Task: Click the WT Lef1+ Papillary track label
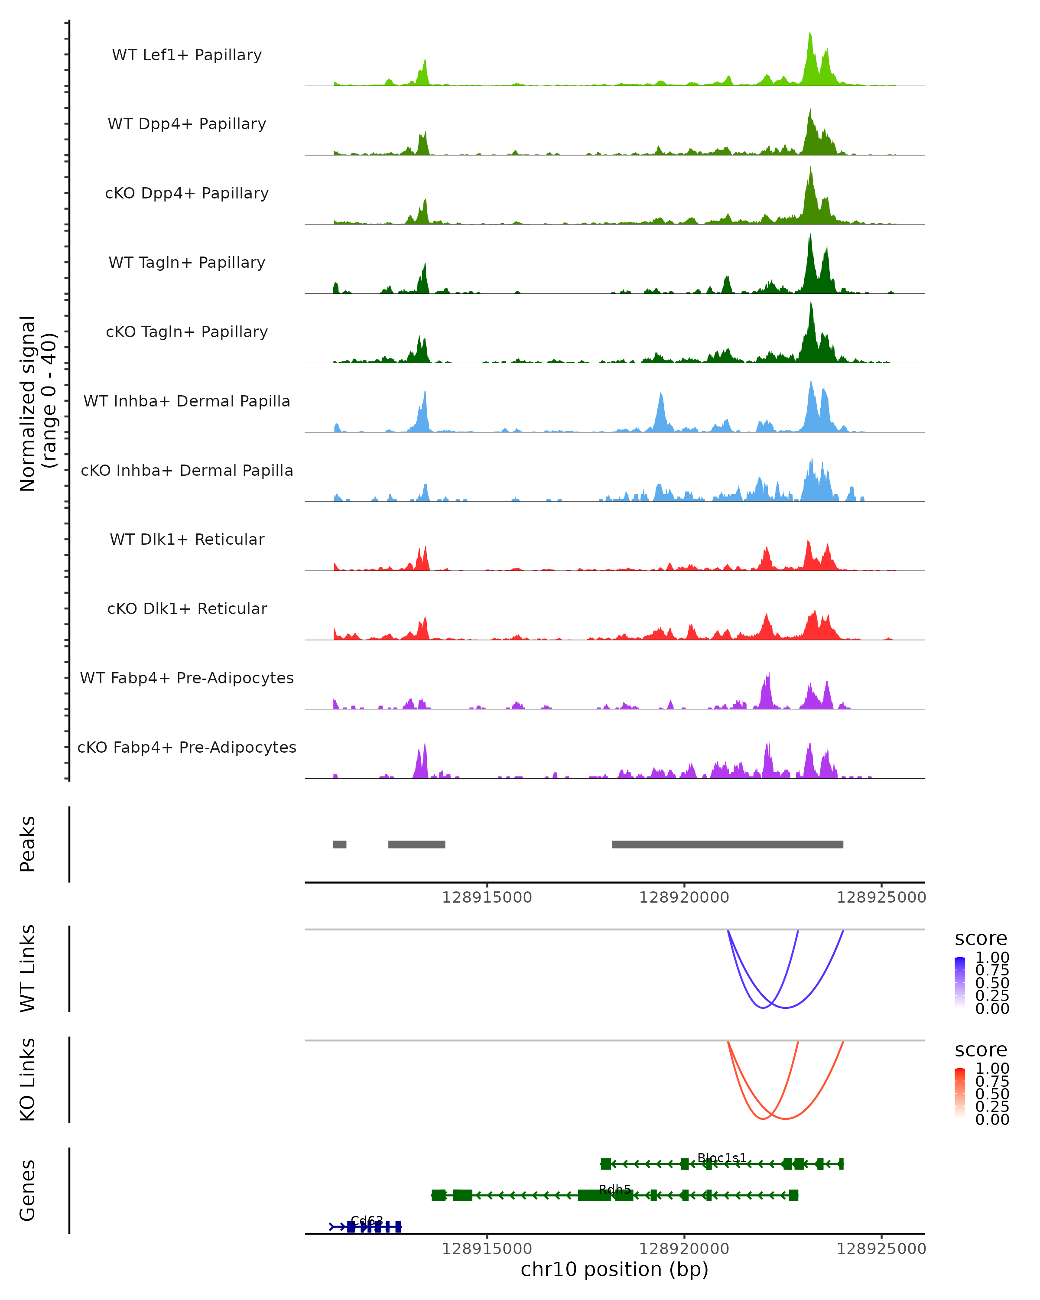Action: coord(187,55)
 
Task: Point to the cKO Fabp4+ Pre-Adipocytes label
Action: coord(187,747)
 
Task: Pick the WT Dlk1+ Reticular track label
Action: coord(187,539)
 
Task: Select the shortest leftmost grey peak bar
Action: coord(339,844)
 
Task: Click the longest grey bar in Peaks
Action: coord(727,844)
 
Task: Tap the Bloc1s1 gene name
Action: coord(721,1158)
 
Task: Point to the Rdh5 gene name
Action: coord(614,1189)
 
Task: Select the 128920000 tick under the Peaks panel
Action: coord(684,897)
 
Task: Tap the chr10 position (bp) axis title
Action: coord(614,1269)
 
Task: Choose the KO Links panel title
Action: coord(28,1079)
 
